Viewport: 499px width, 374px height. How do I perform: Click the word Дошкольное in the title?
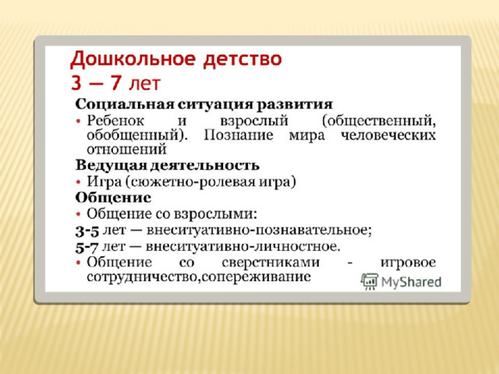[133, 60]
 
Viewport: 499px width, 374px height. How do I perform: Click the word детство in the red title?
[242, 59]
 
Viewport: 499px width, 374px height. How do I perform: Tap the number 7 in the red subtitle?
[115, 83]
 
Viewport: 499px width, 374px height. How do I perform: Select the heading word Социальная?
[125, 104]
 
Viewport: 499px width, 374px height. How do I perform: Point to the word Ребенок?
[115, 121]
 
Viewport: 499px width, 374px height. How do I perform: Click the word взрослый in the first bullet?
[254, 122]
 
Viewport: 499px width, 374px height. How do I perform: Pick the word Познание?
[239, 135]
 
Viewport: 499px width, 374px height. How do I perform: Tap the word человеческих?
[388, 135]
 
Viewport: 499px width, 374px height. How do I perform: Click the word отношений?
[126, 150]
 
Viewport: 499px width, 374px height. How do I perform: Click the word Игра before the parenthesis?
[104, 182]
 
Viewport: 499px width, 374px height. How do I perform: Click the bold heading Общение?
[113, 198]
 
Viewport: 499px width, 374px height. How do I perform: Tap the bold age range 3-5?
[87, 231]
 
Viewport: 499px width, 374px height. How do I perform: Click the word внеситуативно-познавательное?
[259, 230]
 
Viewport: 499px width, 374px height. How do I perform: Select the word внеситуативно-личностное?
[242, 246]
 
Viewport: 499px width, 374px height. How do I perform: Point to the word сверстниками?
[271, 263]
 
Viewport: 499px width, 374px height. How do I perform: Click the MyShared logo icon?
[369, 281]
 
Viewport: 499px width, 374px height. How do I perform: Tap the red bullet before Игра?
[78, 182]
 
